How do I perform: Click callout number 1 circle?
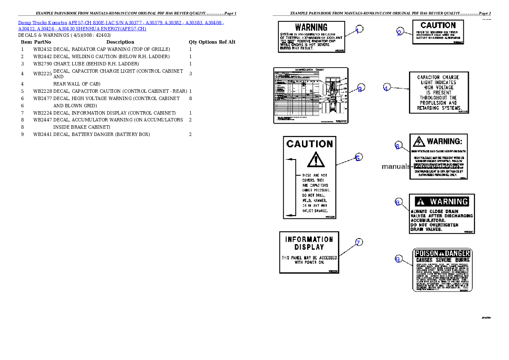click(359, 29)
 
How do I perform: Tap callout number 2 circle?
click(400, 32)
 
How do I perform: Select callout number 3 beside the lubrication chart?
click(361, 89)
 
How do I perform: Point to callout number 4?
click(386, 88)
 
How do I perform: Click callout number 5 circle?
click(358, 157)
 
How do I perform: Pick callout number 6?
click(398, 146)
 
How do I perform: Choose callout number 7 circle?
click(359, 242)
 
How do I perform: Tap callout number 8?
click(398, 203)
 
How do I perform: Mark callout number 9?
click(398, 259)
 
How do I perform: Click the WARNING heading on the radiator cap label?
click(311, 27)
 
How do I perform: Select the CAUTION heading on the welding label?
click(438, 26)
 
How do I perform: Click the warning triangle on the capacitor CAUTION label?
click(315, 159)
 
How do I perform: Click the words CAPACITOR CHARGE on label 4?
click(438, 77)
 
